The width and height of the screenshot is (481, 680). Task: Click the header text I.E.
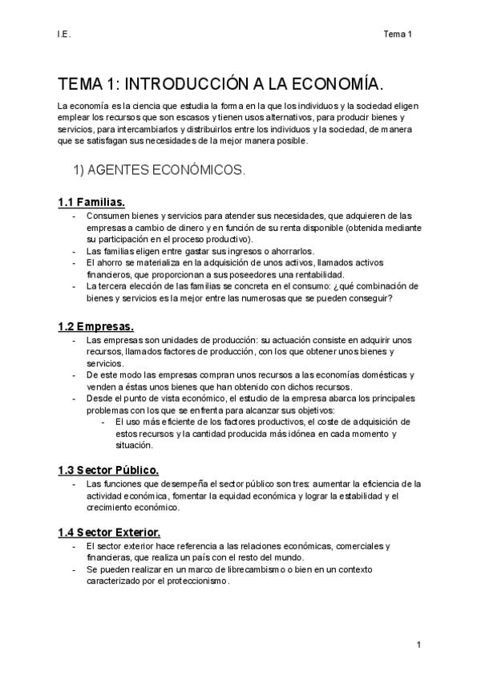point(63,34)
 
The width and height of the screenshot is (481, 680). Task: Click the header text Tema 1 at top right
point(398,34)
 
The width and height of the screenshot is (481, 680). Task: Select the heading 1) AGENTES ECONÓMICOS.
point(160,171)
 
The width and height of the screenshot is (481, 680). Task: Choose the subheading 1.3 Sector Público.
point(108,470)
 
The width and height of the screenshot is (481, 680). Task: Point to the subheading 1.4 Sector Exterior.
point(109,532)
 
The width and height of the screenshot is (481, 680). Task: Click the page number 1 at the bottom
point(418,645)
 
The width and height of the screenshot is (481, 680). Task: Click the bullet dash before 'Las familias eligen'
point(74,250)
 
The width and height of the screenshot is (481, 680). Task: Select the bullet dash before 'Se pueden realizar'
point(74,569)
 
